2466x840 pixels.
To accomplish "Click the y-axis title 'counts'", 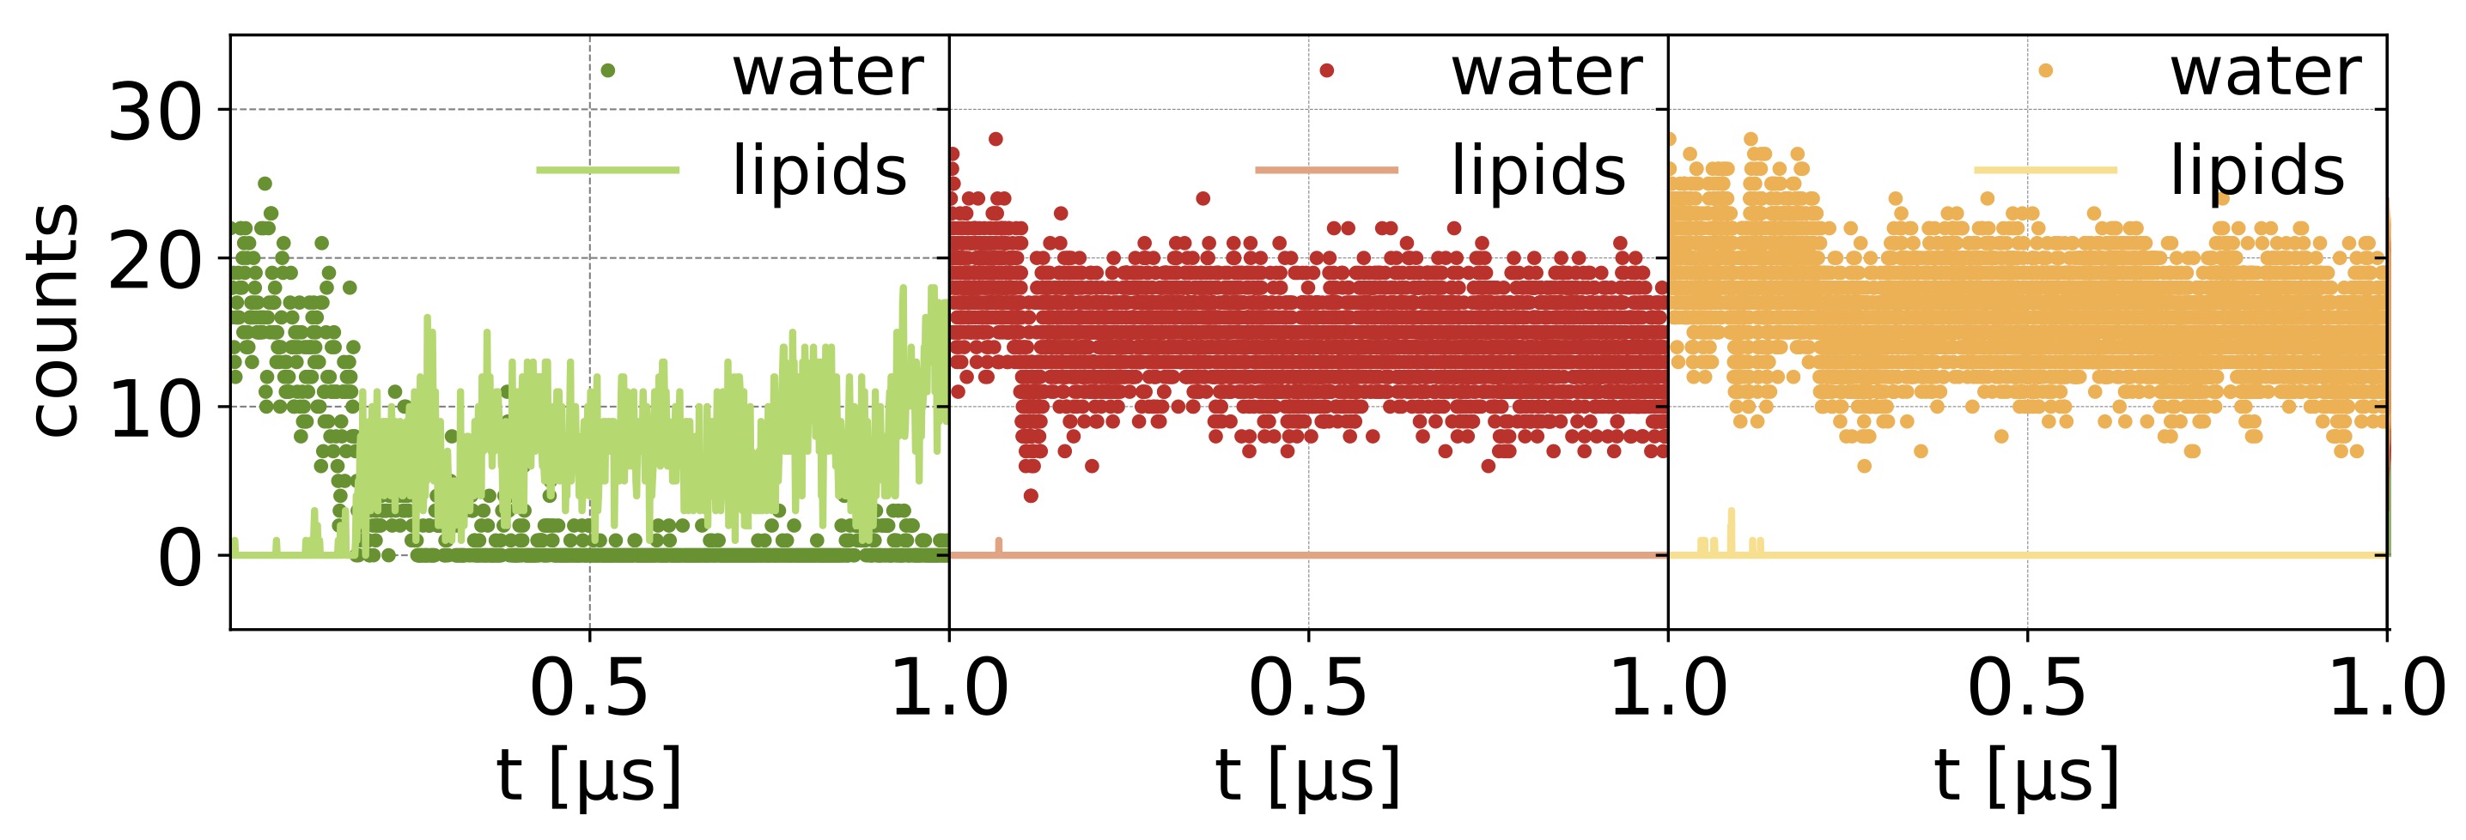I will click(53, 321).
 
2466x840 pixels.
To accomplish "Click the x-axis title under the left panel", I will click(588, 775).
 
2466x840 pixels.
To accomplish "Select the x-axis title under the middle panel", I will click(1307, 775).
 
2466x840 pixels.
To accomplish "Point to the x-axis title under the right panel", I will click(2026, 775).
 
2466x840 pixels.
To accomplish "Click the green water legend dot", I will click(607, 69).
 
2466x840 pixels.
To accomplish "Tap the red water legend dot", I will click(1326, 69).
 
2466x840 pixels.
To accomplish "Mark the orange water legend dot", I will click(2045, 69).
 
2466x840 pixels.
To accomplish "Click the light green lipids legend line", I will click(607, 170).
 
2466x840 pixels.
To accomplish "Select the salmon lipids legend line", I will click(1326, 170).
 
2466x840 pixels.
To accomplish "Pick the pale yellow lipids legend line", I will click(2045, 170).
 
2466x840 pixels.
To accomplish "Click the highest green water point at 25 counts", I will click(265, 184).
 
